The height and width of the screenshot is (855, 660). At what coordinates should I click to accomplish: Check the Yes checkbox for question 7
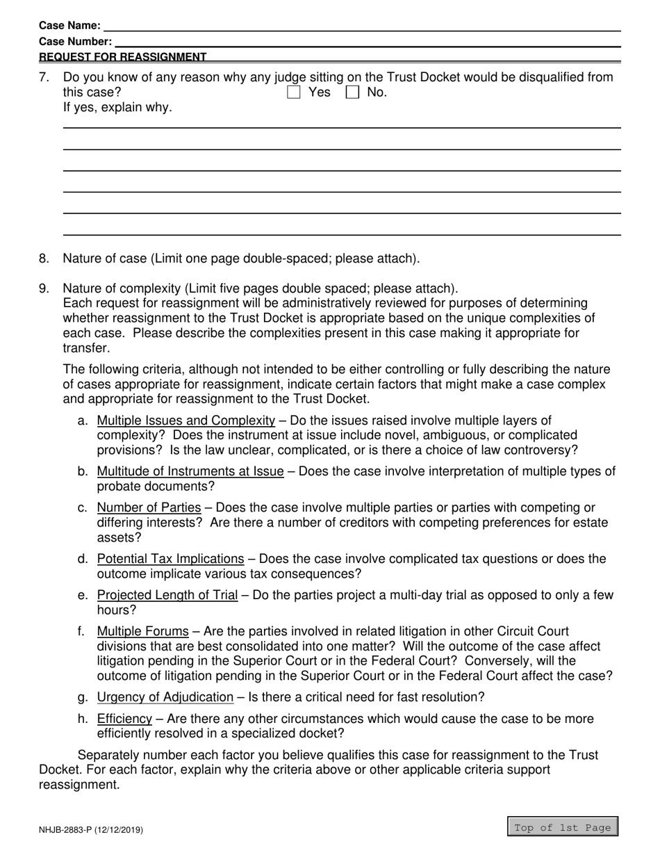click(294, 92)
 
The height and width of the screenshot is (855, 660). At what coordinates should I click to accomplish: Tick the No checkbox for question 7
click(353, 92)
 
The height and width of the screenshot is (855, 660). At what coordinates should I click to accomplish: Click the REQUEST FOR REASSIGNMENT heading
click(122, 57)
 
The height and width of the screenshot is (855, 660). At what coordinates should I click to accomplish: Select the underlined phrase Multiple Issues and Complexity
click(185, 421)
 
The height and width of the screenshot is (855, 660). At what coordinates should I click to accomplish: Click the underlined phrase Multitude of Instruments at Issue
click(190, 472)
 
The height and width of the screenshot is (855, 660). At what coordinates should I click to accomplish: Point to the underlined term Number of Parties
click(149, 507)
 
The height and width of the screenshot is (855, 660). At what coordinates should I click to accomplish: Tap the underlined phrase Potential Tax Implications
click(170, 559)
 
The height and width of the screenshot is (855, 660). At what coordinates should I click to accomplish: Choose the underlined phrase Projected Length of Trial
click(167, 596)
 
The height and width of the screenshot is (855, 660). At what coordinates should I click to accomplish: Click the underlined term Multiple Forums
click(142, 632)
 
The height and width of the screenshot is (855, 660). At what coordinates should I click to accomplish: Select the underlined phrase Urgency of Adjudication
click(165, 697)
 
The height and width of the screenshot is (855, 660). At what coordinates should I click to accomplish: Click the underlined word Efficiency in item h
click(124, 719)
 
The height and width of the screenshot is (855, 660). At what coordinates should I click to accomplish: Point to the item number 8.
click(44, 259)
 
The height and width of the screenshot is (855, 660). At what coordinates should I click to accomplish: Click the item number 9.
click(44, 288)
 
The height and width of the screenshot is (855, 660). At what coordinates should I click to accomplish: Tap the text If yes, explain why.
click(117, 108)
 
